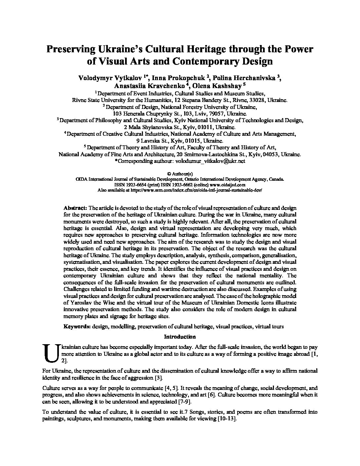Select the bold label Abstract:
pos(75,208)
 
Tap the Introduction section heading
pos(180,337)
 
